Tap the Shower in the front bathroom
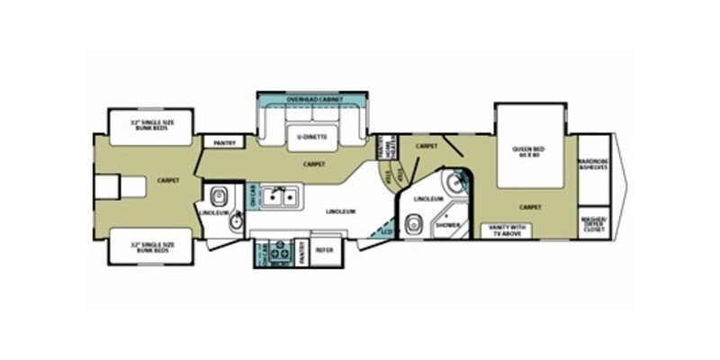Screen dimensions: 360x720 (448, 226)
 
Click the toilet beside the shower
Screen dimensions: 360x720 (415, 222)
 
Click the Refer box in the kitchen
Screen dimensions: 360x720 (324, 251)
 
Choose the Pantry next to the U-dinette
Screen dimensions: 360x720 (219, 142)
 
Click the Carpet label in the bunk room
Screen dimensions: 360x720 (168, 179)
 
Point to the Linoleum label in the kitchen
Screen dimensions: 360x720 (343, 211)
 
